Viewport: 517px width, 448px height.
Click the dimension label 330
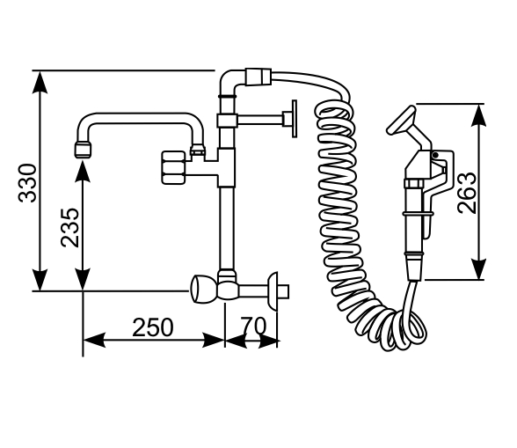click(27, 183)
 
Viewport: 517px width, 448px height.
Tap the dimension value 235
click(70, 228)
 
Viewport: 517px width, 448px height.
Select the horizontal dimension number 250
click(153, 327)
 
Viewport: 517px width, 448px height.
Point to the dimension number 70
click(252, 326)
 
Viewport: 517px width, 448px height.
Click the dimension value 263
click(467, 193)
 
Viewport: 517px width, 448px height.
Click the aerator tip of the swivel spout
click(83, 150)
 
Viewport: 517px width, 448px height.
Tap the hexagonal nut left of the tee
click(173, 167)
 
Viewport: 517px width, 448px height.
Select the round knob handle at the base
click(203, 289)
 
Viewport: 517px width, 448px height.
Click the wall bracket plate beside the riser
click(294, 119)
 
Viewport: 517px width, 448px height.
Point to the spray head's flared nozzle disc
click(401, 121)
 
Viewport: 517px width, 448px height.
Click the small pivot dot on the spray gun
click(435, 155)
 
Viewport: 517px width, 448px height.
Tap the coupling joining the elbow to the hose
click(258, 77)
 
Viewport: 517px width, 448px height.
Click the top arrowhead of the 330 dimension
click(40, 82)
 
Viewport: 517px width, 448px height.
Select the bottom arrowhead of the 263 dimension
click(478, 269)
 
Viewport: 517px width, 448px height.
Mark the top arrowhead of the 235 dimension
click(83, 172)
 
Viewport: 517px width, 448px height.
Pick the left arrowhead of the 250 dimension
click(94, 340)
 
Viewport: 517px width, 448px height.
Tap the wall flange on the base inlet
click(273, 291)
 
